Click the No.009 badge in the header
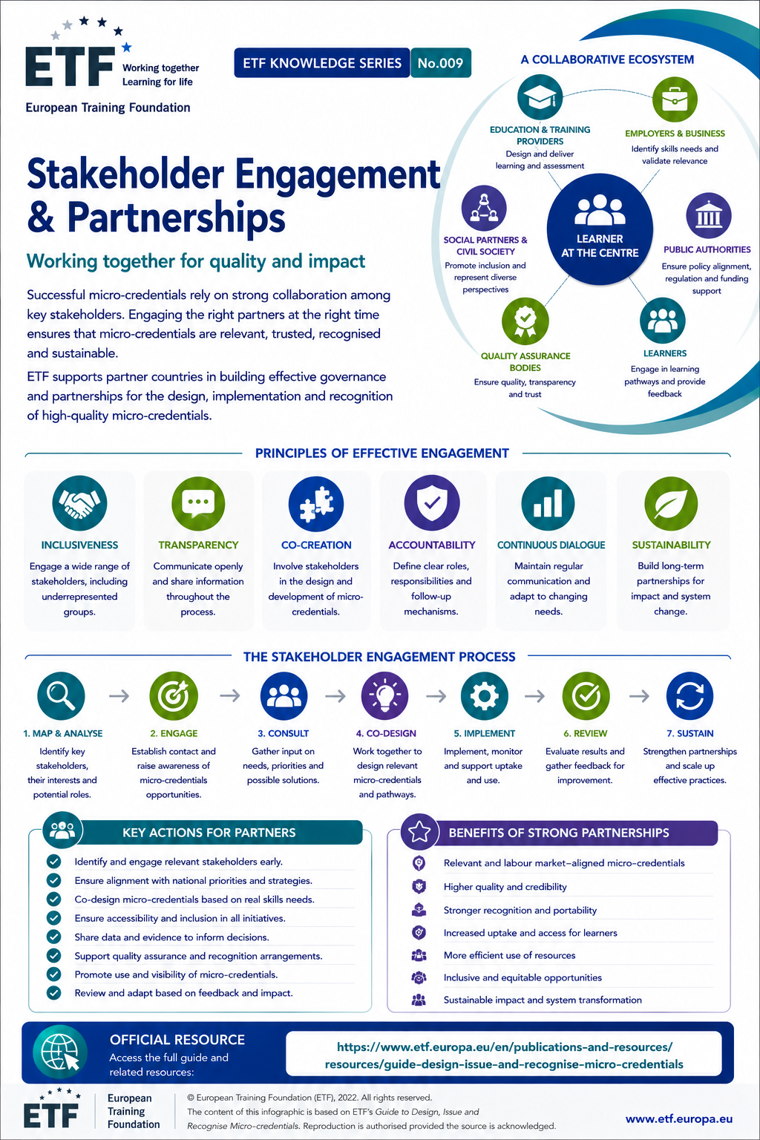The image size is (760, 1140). pyautogui.click(x=441, y=62)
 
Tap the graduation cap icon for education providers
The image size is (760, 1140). pyautogui.click(x=540, y=97)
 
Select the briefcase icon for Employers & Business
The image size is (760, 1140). pyautogui.click(x=675, y=99)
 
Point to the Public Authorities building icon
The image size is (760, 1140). pyautogui.click(x=709, y=216)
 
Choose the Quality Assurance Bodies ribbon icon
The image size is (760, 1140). pyautogui.click(x=525, y=321)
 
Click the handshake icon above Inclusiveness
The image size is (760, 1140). pyautogui.click(x=79, y=503)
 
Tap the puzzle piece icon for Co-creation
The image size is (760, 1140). pyautogui.click(x=316, y=503)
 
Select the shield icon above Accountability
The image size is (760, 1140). pyautogui.click(x=432, y=502)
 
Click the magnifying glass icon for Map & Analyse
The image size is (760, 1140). pyautogui.click(x=61, y=695)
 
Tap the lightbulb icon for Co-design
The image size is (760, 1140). pyautogui.click(x=385, y=695)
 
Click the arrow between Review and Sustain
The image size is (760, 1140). pyautogui.click(x=639, y=695)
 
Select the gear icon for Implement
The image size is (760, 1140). pyautogui.click(x=484, y=695)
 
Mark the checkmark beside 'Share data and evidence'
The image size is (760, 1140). pyautogui.click(x=53, y=937)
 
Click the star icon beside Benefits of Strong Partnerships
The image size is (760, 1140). pyautogui.click(x=419, y=831)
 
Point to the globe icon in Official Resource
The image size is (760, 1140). pyautogui.click(x=60, y=1052)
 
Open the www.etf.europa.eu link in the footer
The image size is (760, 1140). pyautogui.click(x=678, y=1118)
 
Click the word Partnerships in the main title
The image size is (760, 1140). pyautogui.click(x=176, y=217)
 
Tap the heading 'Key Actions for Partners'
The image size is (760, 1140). pyautogui.click(x=209, y=832)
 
